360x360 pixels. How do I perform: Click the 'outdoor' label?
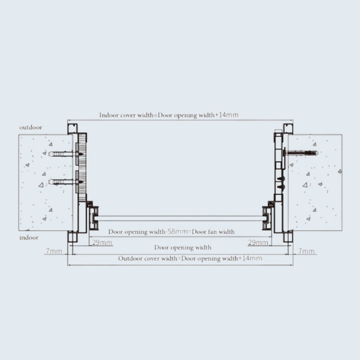pos(31,127)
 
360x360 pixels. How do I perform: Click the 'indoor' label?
pos(29,238)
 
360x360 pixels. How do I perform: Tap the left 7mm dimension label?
pos(54,251)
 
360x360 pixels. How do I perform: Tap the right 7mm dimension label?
pos(306,251)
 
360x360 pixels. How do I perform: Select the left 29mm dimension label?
pos(102,243)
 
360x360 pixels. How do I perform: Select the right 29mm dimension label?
pos(258,243)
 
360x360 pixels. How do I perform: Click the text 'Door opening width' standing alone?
pos(183,247)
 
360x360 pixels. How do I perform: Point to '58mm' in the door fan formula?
pos(178,231)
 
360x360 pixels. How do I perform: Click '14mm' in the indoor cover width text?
pos(229,115)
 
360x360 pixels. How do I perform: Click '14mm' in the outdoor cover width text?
pos(252,258)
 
